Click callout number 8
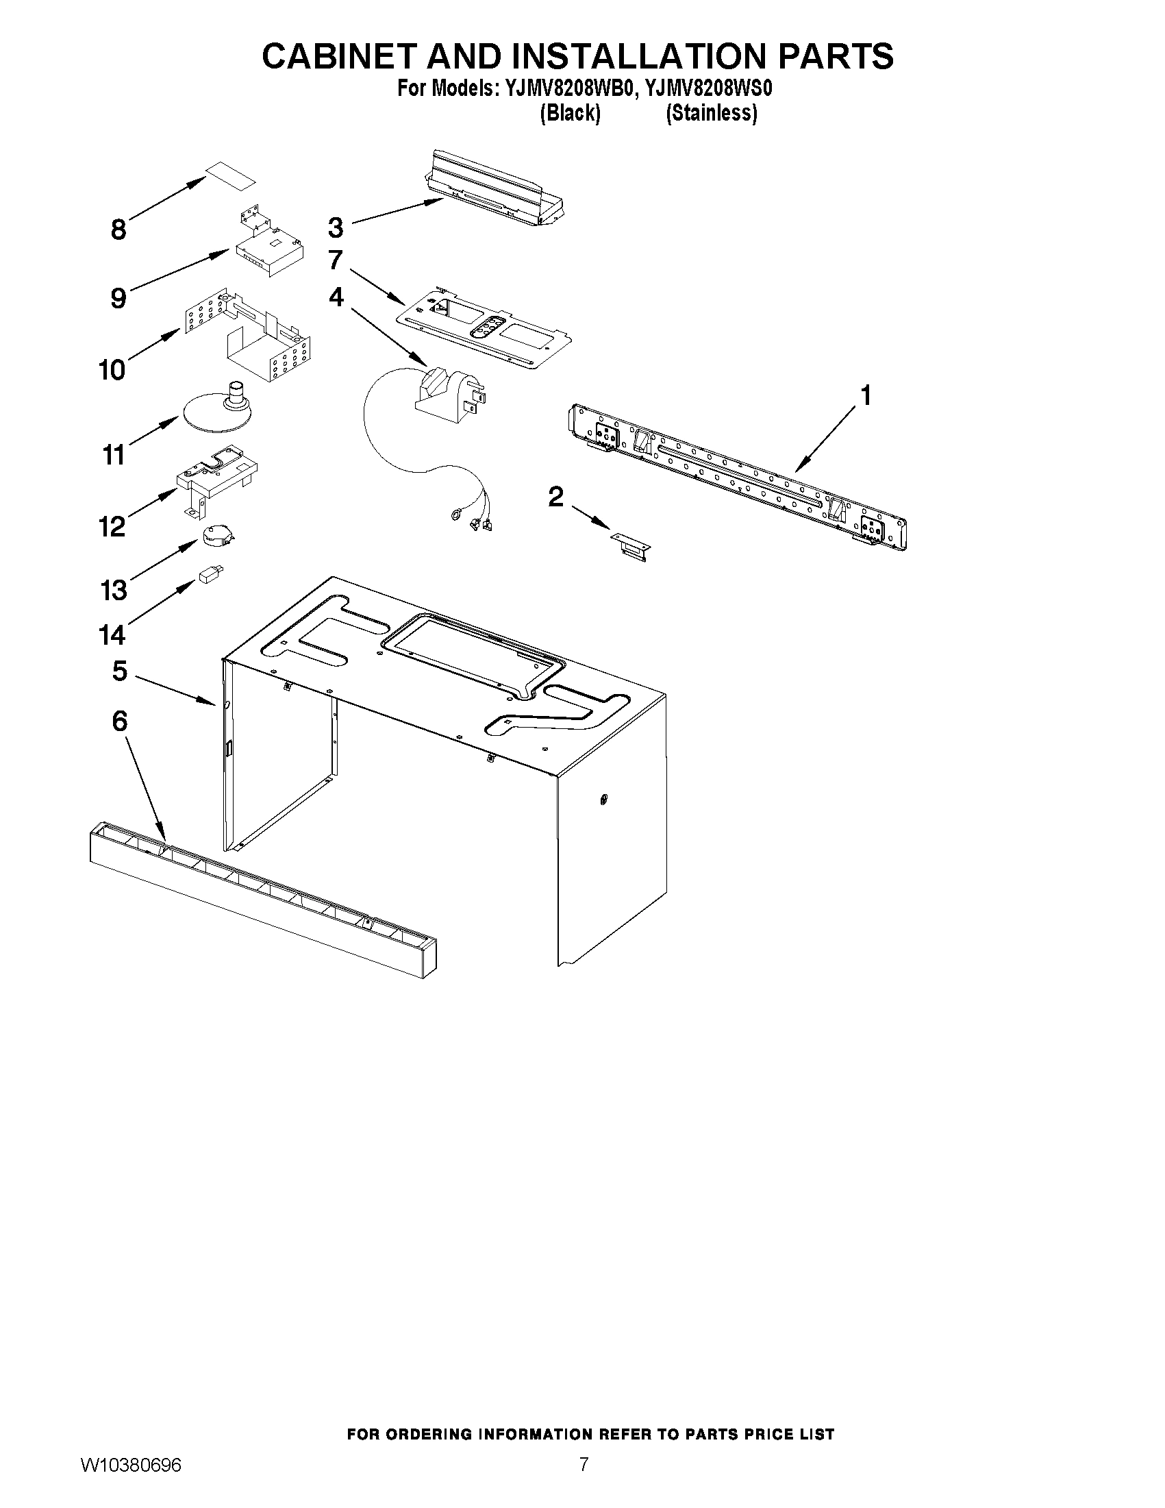pyautogui.click(x=118, y=230)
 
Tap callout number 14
pyautogui.click(x=112, y=634)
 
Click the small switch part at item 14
pyautogui.click(x=211, y=573)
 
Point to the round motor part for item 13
pyautogui.click(x=216, y=536)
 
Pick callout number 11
pyautogui.click(x=113, y=455)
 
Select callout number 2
pyautogui.click(x=555, y=497)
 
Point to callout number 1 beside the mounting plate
pyautogui.click(x=864, y=395)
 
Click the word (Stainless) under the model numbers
pyautogui.click(x=711, y=113)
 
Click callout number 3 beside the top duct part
pyautogui.click(x=336, y=227)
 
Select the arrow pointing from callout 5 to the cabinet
pyautogui.click(x=175, y=690)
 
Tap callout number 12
pyautogui.click(x=112, y=527)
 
